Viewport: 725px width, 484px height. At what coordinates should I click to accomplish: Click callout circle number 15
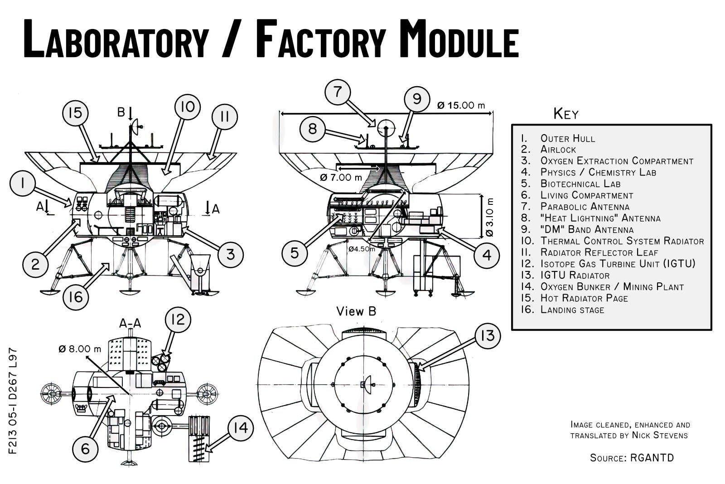75,112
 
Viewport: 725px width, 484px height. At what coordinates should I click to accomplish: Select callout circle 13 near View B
488,336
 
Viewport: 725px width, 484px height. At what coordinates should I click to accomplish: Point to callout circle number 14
241,428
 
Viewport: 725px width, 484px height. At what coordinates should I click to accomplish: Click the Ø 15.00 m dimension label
461,106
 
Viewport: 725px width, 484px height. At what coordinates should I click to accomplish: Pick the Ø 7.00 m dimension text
341,177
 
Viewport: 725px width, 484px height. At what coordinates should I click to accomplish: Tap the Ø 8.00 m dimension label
80,348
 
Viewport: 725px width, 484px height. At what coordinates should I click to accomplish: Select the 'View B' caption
356,311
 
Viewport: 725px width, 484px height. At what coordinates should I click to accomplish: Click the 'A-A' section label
130,323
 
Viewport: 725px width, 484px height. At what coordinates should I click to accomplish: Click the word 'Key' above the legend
566,114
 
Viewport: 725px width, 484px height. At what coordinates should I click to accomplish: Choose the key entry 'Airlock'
558,150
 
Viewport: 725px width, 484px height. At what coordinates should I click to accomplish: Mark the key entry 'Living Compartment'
586,195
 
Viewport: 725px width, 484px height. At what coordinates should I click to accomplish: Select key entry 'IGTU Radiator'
575,275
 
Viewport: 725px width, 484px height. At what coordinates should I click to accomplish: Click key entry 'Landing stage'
572,310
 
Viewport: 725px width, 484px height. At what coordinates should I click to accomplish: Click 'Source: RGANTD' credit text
632,458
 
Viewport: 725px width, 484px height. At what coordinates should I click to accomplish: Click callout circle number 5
295,252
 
